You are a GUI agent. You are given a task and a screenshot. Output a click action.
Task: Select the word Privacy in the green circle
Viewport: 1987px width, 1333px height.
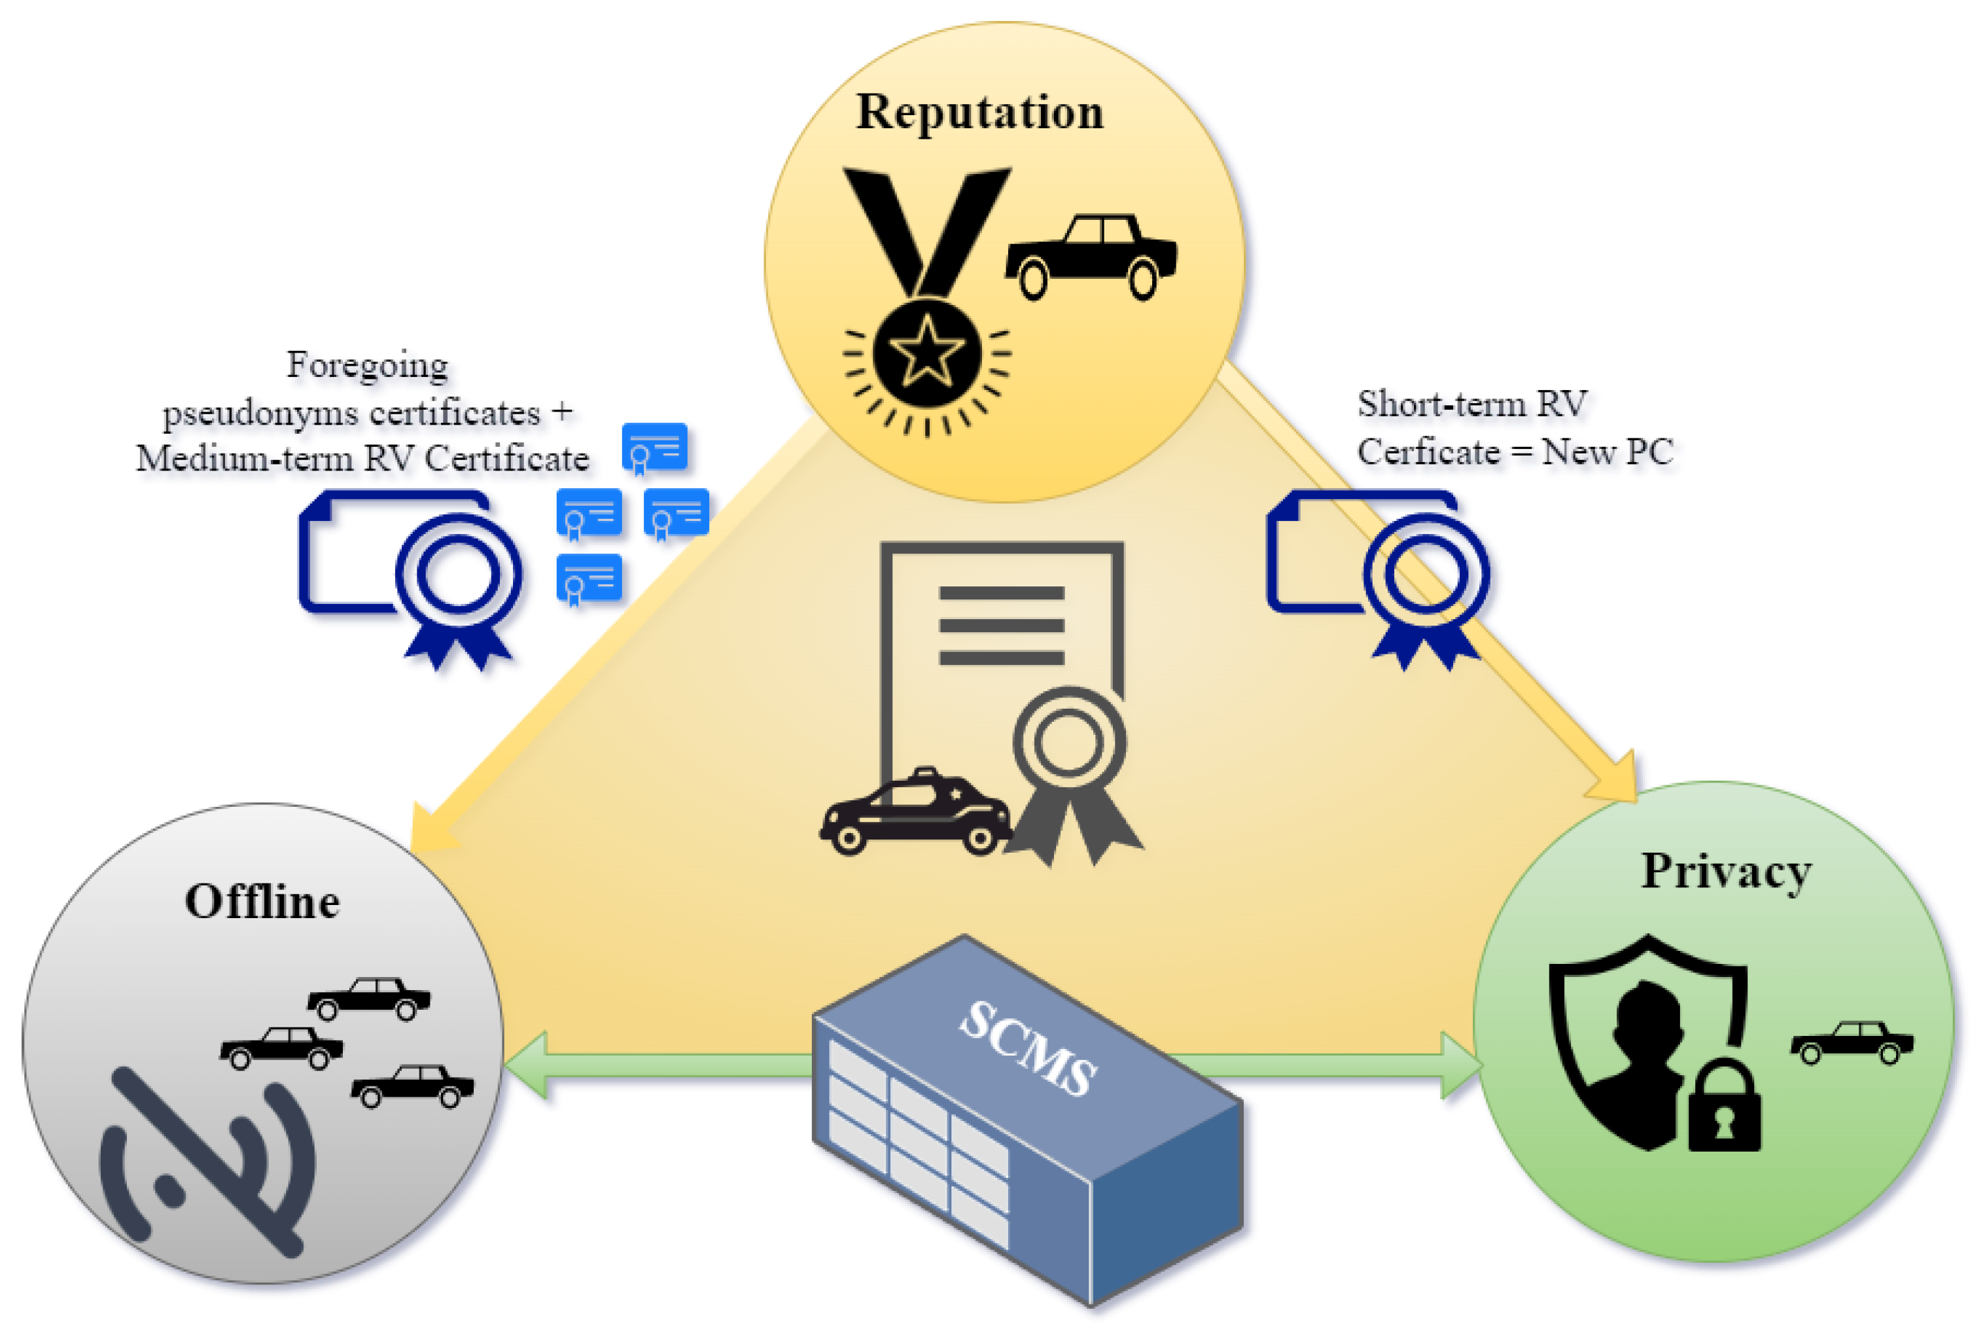1725,872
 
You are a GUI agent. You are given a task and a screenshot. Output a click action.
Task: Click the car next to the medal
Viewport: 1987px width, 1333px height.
1091,255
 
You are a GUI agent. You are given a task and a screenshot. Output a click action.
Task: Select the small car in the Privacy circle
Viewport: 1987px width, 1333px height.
1851,1042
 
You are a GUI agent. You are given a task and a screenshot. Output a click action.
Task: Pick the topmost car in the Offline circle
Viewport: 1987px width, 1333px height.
369,998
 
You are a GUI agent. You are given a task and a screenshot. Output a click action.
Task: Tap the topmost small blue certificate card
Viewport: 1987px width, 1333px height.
654,448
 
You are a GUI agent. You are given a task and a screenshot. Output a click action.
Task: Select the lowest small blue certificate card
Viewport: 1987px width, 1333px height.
588,580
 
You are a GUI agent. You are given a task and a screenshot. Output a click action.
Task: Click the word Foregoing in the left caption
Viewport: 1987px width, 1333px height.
367,366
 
